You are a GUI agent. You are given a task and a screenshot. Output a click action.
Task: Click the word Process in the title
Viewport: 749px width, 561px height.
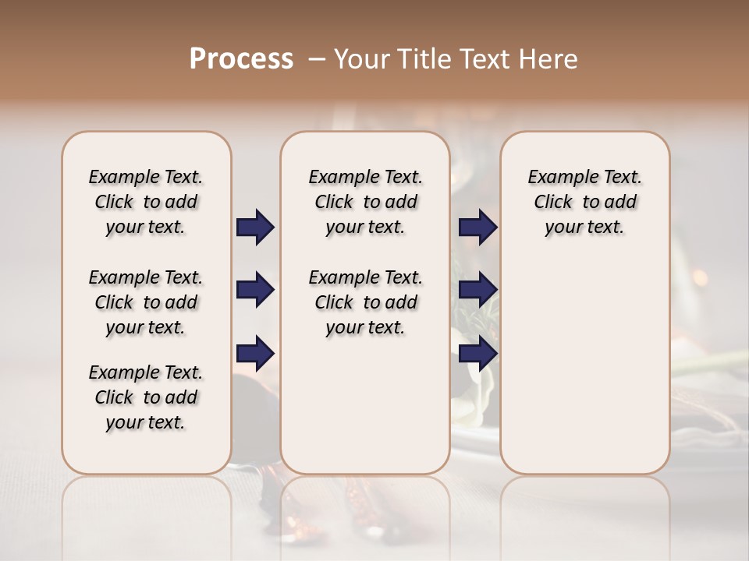pos(241,59)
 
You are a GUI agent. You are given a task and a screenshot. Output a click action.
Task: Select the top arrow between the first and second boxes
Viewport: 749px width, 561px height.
pos(255,227)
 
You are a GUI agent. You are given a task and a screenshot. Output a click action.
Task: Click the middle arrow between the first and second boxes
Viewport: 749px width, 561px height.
pos(255,291)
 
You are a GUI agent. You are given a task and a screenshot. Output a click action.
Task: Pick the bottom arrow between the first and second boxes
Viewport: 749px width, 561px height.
pos(255,354)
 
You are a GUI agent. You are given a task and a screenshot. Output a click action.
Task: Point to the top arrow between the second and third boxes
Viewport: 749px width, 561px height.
pos(477,227)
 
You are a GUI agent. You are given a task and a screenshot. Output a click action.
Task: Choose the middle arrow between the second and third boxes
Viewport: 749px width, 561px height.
pos(477,291)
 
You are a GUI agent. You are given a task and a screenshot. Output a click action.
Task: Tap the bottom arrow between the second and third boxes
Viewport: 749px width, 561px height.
pos(477,354)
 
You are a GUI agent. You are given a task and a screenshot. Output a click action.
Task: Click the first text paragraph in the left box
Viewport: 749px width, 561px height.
pos(146,202)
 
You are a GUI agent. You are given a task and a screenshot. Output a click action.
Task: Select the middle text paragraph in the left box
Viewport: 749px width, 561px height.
pos(146,302)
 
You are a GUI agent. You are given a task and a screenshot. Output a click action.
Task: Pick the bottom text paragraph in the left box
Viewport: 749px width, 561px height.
pos(146,397)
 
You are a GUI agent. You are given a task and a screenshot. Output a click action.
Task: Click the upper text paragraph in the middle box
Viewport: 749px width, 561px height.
pos(365,202)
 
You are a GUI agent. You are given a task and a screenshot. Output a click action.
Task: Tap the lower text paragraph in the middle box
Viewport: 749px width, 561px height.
pos(365,302)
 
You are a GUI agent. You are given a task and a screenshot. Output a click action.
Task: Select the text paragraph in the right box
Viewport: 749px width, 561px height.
pos(584,202)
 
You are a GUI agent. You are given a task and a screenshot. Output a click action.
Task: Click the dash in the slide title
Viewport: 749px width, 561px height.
pos(316,59)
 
